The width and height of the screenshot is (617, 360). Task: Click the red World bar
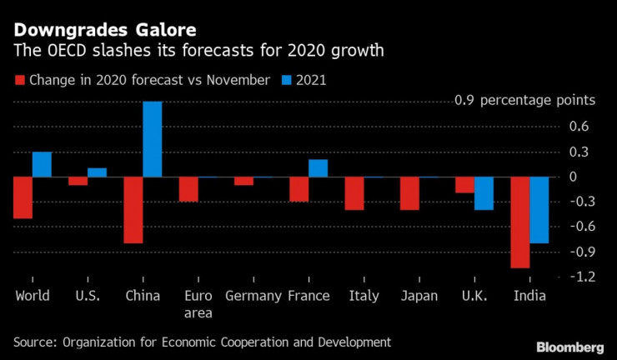[23, 197]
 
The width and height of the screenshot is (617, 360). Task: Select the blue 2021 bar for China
[153, 139]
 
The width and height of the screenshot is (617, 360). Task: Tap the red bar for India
[520, 222]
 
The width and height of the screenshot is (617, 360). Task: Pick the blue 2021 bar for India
[539, 210]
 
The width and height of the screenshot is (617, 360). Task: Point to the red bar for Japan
[409, 193]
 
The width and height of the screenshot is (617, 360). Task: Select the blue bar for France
[318, 168]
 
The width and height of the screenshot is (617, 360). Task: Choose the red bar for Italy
[354, 193]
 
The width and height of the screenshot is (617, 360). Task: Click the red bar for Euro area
[188, 189]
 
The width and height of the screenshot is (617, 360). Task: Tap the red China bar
[133, 210]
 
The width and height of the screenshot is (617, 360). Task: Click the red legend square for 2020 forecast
[19, 81]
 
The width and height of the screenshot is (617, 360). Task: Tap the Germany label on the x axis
[253, 296]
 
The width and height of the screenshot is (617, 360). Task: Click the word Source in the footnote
[36, 342]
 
